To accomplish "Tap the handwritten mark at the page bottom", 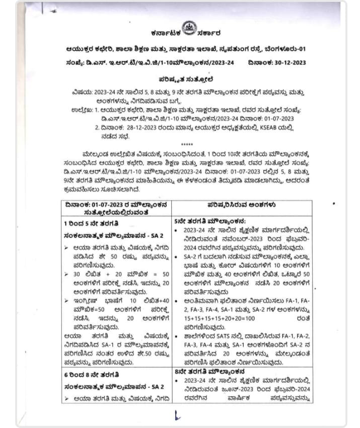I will (177, 415).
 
